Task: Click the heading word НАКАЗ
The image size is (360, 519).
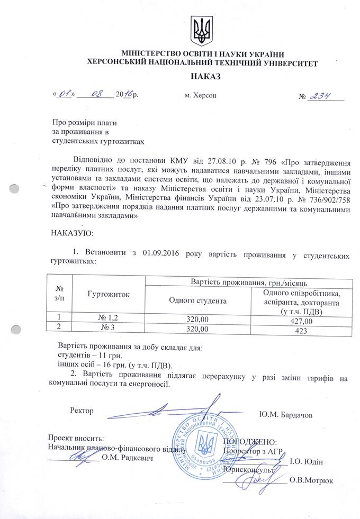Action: point(202,77)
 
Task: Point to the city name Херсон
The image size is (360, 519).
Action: point(201,97)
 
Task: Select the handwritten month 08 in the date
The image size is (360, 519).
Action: point(96,96)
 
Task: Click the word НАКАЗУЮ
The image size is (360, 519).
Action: point(71,233)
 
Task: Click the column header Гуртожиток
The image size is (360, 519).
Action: point(109,293)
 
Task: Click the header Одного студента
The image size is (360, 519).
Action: point(197,301)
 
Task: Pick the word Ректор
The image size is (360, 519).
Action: point(82,411)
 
